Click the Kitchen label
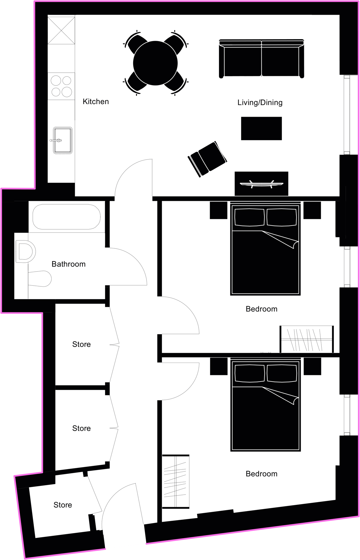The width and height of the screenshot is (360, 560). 96,102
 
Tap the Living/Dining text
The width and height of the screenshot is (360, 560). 260,103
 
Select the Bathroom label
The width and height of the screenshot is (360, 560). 68,264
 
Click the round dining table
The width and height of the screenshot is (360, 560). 155,63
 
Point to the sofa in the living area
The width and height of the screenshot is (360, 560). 262,59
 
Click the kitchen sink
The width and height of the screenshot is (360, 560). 63,140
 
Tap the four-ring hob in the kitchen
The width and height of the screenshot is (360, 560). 61,86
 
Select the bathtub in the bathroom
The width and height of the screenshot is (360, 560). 67,217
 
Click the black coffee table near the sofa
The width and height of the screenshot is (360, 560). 261,128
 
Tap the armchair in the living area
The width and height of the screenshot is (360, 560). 207,159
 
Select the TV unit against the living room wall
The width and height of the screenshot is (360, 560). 261,184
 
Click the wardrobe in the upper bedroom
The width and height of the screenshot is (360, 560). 307,339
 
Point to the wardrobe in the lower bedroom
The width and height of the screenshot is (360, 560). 176,481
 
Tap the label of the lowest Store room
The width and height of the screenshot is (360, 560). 63,505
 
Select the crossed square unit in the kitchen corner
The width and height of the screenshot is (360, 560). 61,30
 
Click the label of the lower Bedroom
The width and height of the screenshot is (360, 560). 261,474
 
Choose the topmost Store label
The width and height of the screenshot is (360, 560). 81,344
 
